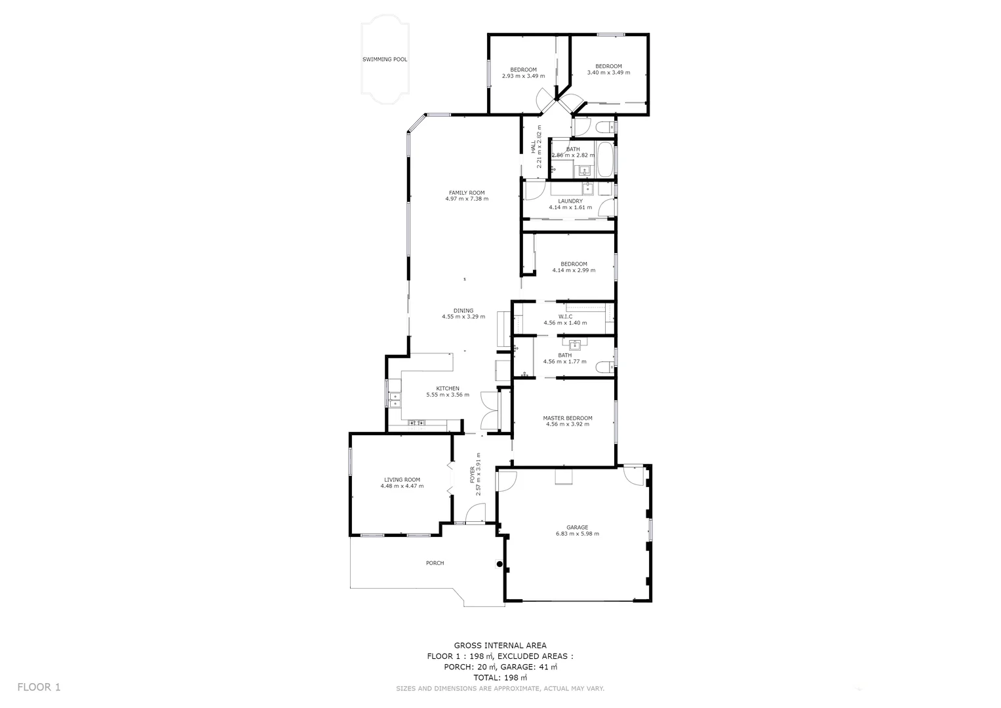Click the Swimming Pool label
click(385, 60)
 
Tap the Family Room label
click(467, 193)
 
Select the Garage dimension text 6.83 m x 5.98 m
click(577, 534)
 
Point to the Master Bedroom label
click(567, 418)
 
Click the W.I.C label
click(565, 317)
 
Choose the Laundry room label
click(570, 201)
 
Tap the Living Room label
click(402, 480)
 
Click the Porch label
click(435, 563)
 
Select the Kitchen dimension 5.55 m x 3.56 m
click(448, 395)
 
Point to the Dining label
click(463, 311)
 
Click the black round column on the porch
click(500, 564)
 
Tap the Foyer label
click(473, 476)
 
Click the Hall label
click(533, 148)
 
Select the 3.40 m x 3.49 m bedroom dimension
click(608, 73)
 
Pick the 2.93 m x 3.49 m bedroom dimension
click(523, 76)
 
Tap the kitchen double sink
click(395, 400)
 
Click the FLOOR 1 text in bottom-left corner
click(39, 687)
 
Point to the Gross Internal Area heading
click(500, 646)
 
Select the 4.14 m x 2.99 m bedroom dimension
click(574, 270)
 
